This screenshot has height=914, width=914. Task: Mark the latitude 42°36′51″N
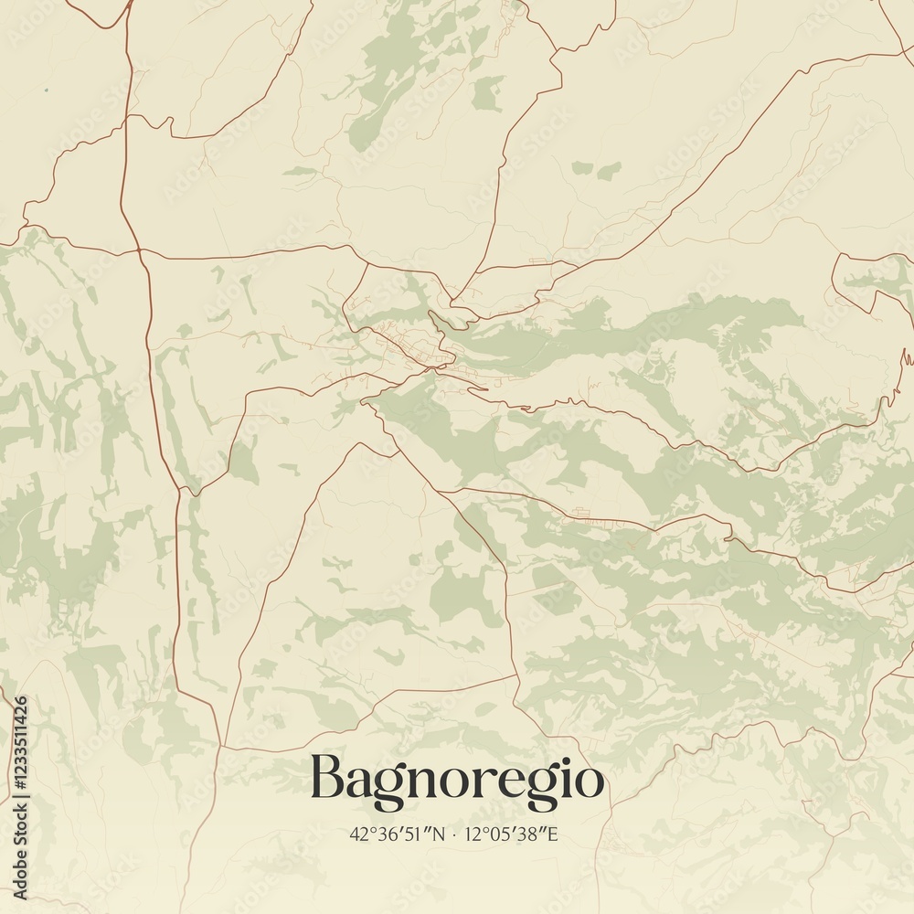point(397,834)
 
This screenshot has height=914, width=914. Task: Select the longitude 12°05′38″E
point(511,834)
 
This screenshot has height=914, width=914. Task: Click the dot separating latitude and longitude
point(454,834)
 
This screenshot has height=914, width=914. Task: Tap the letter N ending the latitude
point(439,834)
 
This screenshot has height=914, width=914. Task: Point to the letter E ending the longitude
point(552,834)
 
